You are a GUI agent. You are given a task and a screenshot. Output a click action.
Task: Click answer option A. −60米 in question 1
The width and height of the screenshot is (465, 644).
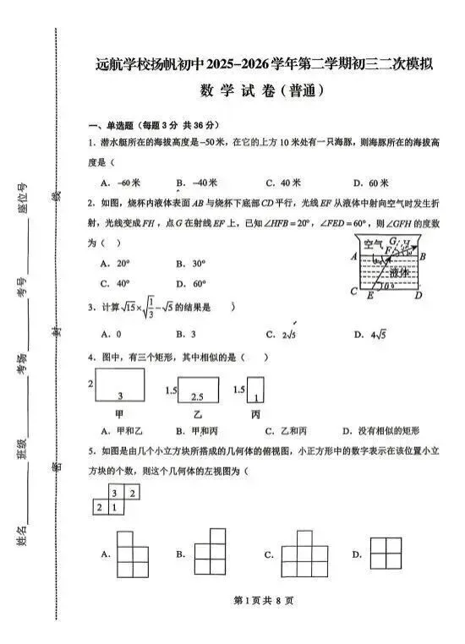tap(119, 183)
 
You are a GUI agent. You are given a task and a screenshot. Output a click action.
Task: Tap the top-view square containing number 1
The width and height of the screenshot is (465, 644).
tap(116, 507)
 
